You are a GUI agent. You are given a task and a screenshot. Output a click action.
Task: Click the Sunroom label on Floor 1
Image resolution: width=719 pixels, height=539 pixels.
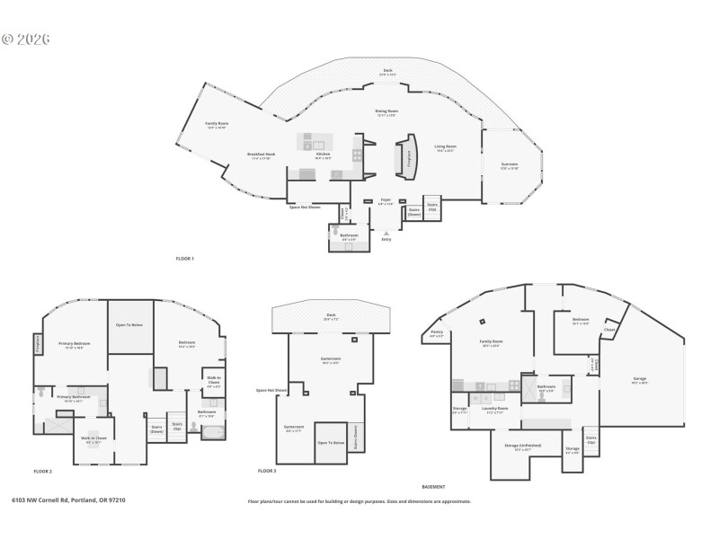509,166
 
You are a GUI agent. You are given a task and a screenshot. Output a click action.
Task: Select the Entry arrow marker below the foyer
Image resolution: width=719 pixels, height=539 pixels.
386,233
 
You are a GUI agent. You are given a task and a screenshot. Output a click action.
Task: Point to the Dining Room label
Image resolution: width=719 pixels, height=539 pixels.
386,112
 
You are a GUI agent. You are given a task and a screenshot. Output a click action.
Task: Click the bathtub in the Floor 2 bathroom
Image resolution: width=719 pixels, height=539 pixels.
213,434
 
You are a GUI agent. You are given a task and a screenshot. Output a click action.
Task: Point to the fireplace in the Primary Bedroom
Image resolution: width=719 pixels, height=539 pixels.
38,342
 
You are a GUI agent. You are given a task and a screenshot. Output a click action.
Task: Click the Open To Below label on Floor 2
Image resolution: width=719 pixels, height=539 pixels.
130,324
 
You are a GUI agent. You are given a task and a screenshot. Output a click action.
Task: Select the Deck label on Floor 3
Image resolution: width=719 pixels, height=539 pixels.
331,316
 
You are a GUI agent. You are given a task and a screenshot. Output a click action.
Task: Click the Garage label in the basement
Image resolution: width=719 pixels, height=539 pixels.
639,379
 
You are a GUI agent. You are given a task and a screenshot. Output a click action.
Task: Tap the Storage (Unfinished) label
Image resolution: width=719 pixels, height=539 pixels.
528,446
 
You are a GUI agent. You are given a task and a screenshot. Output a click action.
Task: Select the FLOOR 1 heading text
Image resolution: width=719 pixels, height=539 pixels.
184,259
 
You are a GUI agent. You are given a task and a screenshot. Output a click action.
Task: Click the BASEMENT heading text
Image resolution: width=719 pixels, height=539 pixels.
433,486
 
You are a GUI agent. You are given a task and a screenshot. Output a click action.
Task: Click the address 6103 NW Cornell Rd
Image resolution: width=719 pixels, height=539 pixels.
68,500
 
